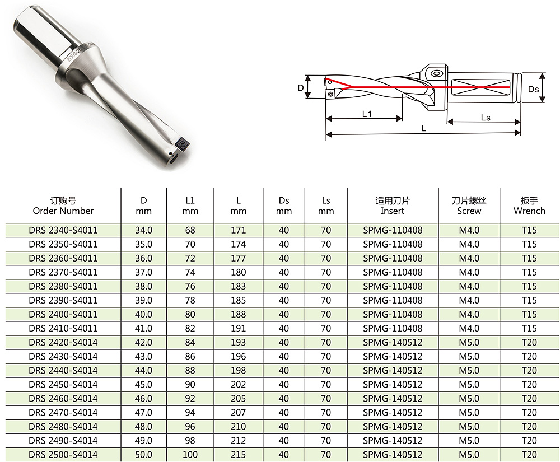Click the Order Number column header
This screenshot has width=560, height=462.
(63, 206)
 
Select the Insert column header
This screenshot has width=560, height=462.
(393, 206)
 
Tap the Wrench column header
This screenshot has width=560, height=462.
(529, 206)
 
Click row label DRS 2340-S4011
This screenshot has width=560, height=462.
(63, 230)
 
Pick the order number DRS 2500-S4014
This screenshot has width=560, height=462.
(63, 455)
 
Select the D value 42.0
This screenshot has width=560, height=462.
(143, 342)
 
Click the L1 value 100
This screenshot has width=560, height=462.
(190, 455)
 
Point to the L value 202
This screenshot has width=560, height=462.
(238, 385)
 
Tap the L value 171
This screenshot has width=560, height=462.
(238, 230)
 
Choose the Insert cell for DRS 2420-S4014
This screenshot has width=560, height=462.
(393, 342)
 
